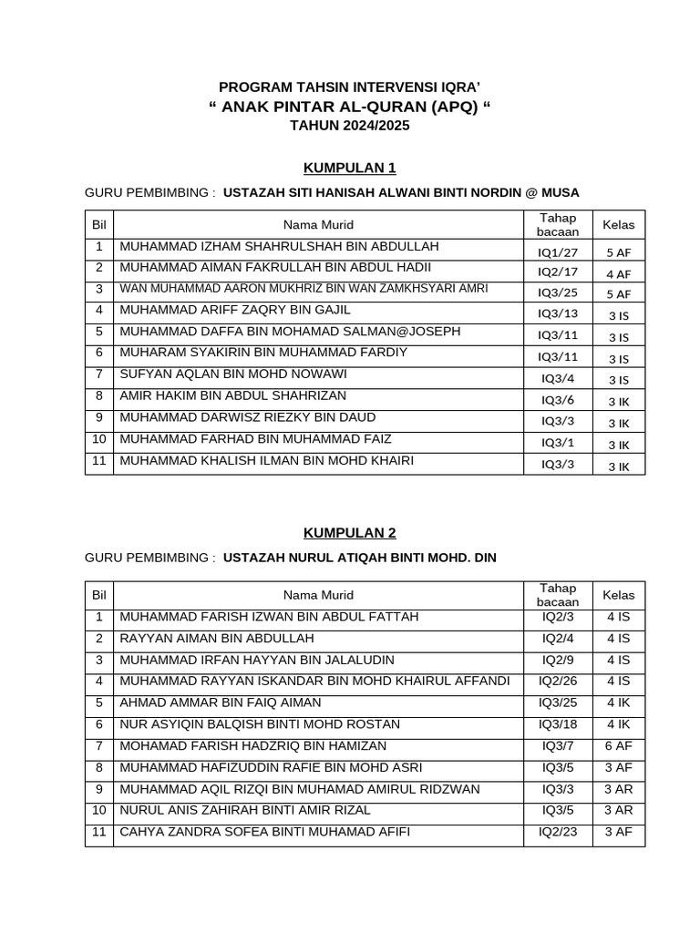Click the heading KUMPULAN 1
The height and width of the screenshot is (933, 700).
click(x=350, y=168)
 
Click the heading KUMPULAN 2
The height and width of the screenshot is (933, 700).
click(x=350, y=533)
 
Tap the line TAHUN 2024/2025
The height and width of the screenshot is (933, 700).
click(x=350, y=126)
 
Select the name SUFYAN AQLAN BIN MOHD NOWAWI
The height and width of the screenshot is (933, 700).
click(x=233, y=374)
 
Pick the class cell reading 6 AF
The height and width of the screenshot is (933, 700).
click(x=618, y=745)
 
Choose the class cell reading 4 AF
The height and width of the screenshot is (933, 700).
click(x=618, y=273)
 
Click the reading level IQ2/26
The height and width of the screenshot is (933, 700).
click(x=558, y=681)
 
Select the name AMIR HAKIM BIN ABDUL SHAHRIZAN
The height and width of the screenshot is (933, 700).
click(x=233, y=396)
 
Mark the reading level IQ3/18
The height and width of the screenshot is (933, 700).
click(x=558, y=724)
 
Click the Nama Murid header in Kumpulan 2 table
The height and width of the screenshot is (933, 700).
click(x=318, y=595)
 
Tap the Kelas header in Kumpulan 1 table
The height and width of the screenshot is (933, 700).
click(x=618, y=224)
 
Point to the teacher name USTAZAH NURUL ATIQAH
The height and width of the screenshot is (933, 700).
click(x=360, y=557)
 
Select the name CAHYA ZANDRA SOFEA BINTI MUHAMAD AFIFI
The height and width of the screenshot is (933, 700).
click(x=265, y=832)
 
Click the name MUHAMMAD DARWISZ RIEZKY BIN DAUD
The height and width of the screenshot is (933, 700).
click(x=247, y=417)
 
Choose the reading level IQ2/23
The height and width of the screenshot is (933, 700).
click(x=558, y=832)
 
